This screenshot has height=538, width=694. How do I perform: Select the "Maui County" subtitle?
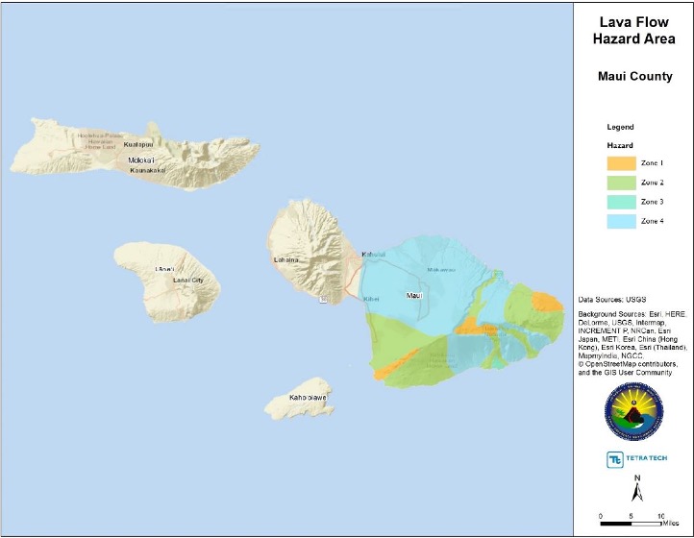click(633, 76)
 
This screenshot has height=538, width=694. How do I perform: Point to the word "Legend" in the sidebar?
click(621, 127)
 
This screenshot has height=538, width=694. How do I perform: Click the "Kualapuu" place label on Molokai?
click(139, 144)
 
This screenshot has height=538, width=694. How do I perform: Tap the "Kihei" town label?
click(371, 299)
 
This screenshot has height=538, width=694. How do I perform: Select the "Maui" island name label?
click(414, 295)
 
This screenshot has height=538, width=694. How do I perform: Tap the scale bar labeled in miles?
click(632, 522)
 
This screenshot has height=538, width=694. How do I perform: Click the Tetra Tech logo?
click(633, 459)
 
